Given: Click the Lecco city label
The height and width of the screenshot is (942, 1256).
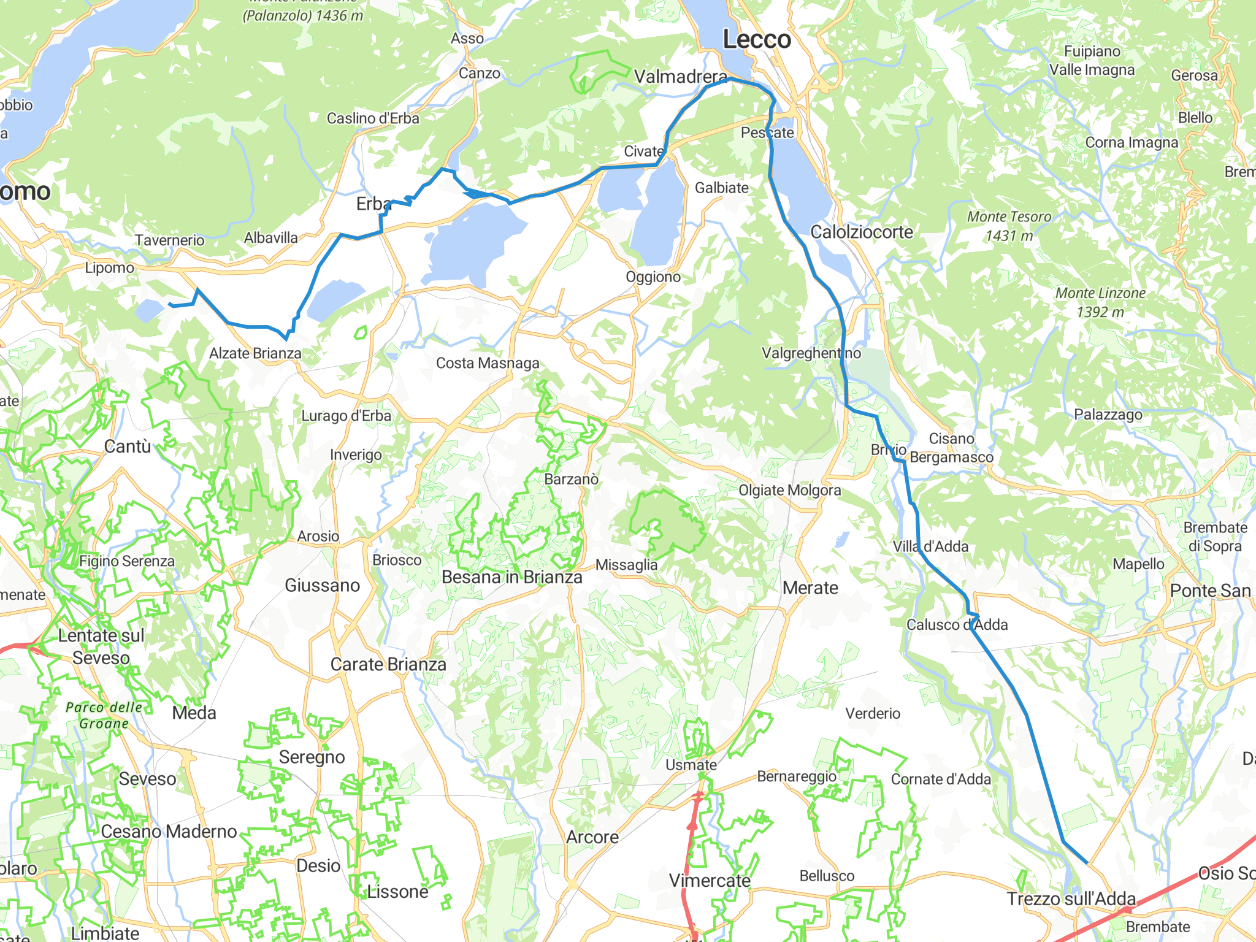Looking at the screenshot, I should click(x=757, y=40).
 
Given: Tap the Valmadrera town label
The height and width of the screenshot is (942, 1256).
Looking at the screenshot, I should click(x=681, y=77).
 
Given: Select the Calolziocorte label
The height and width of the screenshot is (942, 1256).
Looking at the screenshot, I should click(x=862, y=232).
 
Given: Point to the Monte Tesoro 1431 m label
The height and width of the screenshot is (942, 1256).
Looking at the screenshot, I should click(x=1009, y=226).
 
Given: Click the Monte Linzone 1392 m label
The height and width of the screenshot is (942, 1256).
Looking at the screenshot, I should click(x=1100, y=302).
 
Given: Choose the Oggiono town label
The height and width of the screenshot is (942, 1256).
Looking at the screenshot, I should click(x=653, y=277).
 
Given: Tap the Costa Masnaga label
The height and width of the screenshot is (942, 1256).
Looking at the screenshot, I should click(x=488, y=363).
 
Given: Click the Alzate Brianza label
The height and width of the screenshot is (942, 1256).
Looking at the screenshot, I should click(x=255, y=353).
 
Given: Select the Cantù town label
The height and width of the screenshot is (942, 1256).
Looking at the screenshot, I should click(x=128, y=446).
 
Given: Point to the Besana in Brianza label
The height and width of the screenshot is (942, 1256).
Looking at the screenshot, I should click(x=512, y=577).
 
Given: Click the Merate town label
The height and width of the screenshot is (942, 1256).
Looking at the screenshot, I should click(x=810, y=588).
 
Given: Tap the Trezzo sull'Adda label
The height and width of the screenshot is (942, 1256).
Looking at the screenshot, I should click(x=1071, y=899).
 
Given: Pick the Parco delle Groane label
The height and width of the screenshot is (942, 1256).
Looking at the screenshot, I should click(x=104, y=715).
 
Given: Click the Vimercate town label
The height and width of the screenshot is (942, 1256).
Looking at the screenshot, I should click(x=710, y=881).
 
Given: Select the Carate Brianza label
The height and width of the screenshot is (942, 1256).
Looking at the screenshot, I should click(x=388, y=664).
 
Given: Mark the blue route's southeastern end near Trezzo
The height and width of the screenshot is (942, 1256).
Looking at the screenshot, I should click(x=1087, y=863).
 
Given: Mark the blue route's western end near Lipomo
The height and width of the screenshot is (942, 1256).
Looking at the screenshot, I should click(x=170, y=304).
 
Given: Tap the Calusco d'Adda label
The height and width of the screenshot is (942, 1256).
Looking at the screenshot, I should click(x=957, y=624).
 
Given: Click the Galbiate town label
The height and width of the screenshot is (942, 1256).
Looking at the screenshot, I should click(x=721, y=188).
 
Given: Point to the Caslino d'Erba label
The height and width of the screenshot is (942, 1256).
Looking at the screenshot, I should click(x=373, y=118).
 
